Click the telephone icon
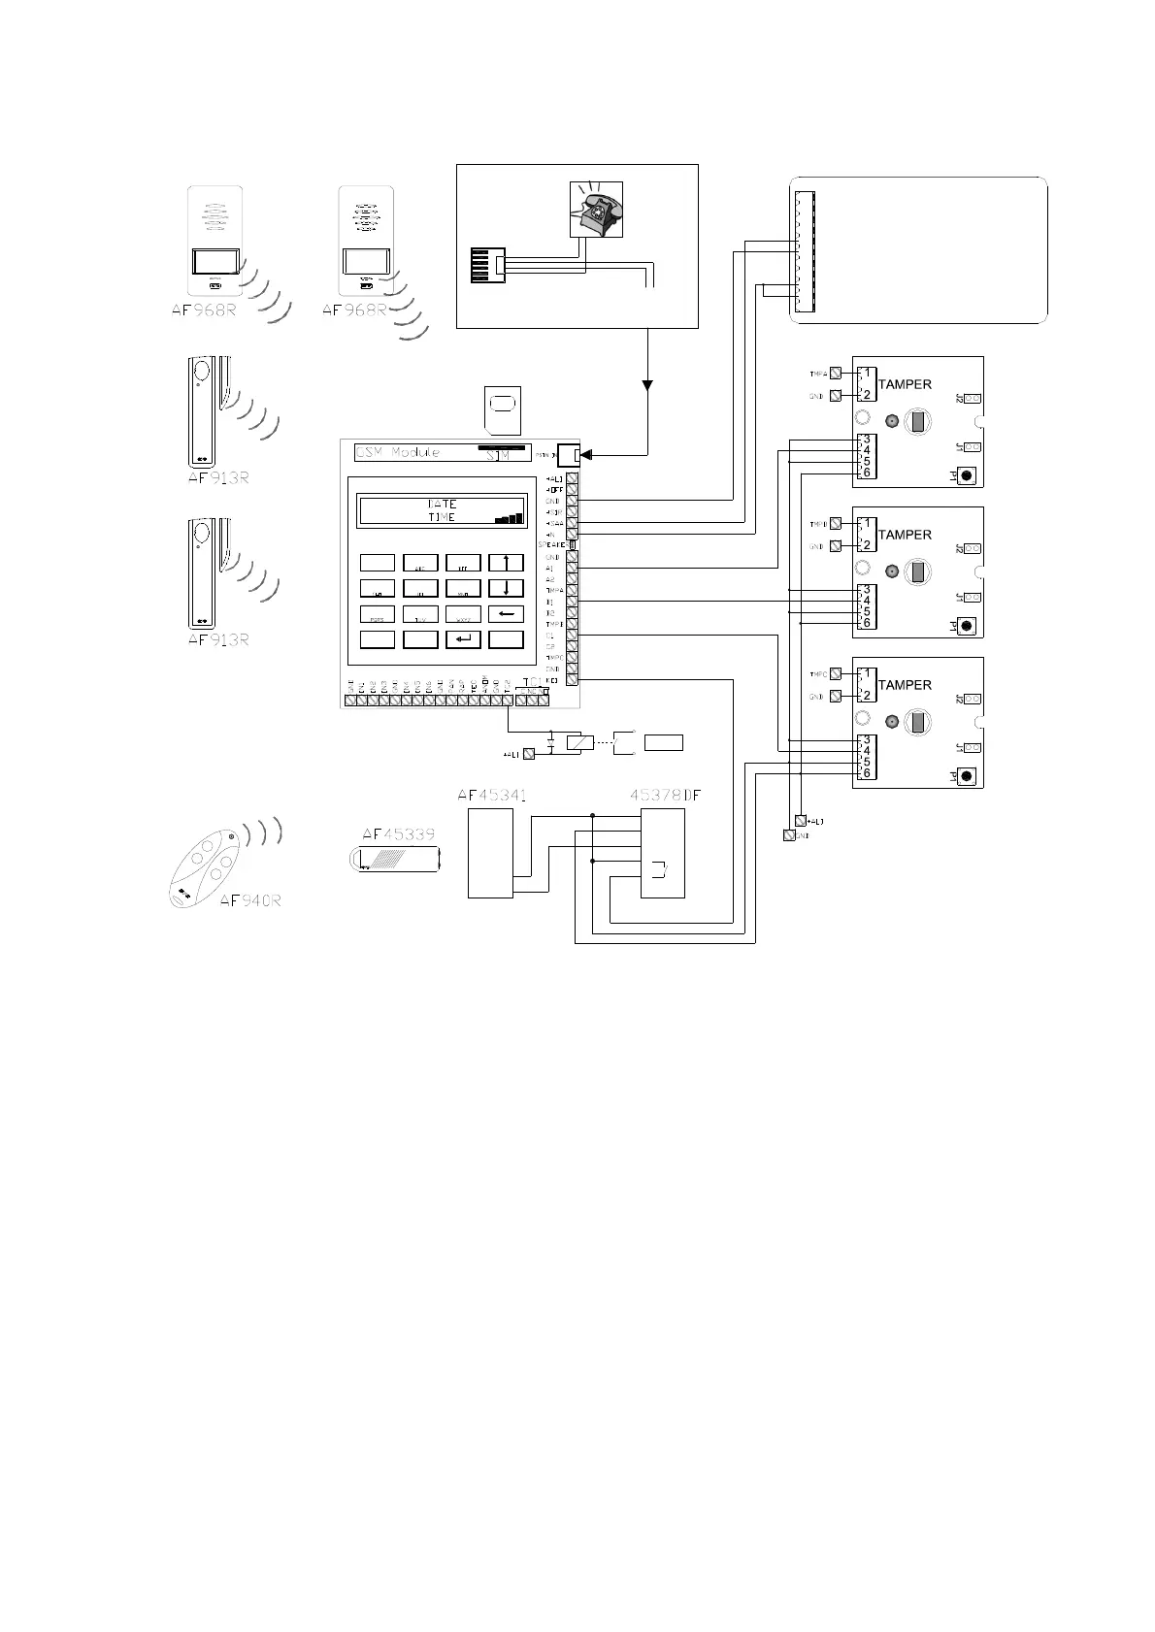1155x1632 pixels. (595, 210)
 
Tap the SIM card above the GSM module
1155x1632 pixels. (502, 409)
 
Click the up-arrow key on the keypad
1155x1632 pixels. (506, 563)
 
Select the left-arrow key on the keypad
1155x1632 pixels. (506, 614)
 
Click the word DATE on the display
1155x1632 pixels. (442, 505)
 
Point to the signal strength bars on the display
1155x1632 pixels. (508, 518)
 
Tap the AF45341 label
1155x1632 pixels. (491, 796)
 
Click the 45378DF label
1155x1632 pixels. (665, 796)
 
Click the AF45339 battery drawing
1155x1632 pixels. (395, 859)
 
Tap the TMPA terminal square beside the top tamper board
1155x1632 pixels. (836, 374)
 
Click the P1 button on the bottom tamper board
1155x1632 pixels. (967, 776)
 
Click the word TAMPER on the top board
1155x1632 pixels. (905, 384)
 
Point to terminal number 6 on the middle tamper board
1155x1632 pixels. (867, 623)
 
